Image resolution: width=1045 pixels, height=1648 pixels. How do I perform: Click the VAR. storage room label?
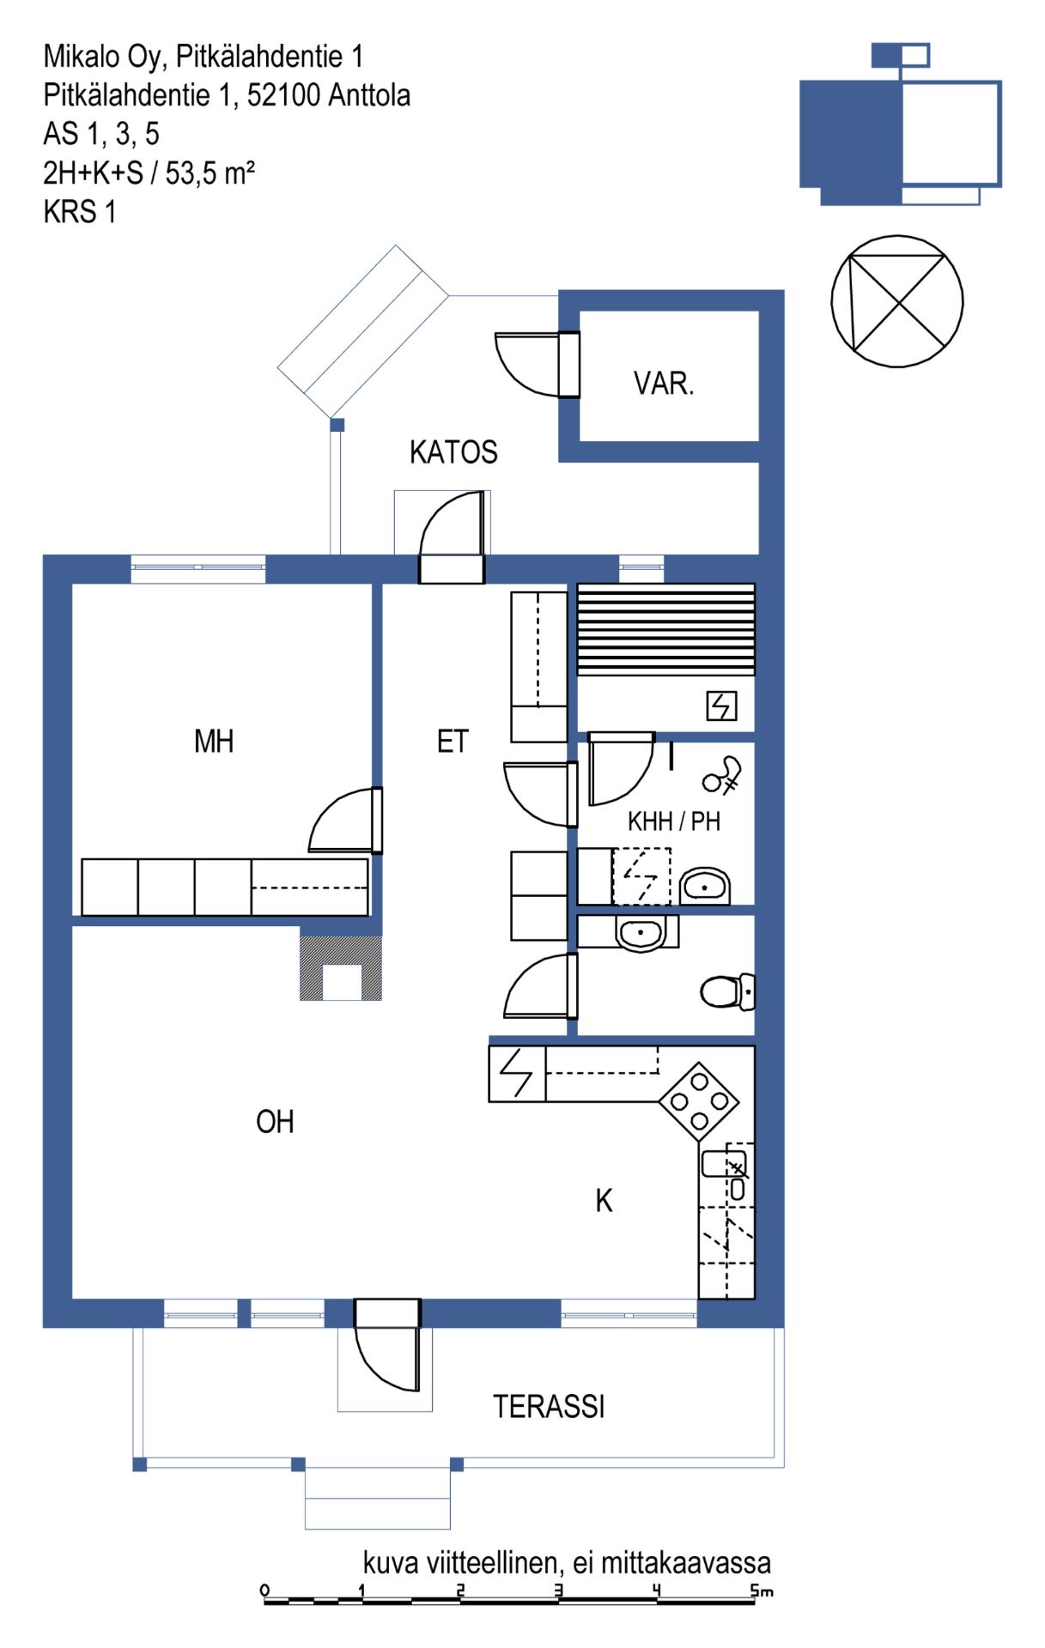(x=663, y=383)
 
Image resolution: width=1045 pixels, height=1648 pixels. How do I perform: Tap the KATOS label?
(x=453, y=451)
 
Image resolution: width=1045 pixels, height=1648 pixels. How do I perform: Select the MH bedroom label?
(x=214, y=741)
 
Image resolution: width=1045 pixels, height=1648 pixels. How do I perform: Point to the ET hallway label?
(x=453, y=741)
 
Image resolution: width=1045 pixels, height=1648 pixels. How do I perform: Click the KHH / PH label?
(x=674, y=821)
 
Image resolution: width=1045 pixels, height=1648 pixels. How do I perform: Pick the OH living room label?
(x=275, y=1121)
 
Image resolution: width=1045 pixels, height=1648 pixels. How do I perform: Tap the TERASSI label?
(x=549, y=1406)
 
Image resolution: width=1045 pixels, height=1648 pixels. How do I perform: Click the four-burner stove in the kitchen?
(x=699, y=1102)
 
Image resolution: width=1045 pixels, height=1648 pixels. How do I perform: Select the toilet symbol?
(x=727, y=992)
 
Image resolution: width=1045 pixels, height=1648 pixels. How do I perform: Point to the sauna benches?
(x=665, y=629)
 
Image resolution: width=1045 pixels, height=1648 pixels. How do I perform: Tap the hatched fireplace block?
(x=341, y=967)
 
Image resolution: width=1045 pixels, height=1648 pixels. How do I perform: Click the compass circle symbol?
(x=897, y=301)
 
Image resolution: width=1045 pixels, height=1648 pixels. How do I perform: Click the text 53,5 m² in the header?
(x=210, y=173)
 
